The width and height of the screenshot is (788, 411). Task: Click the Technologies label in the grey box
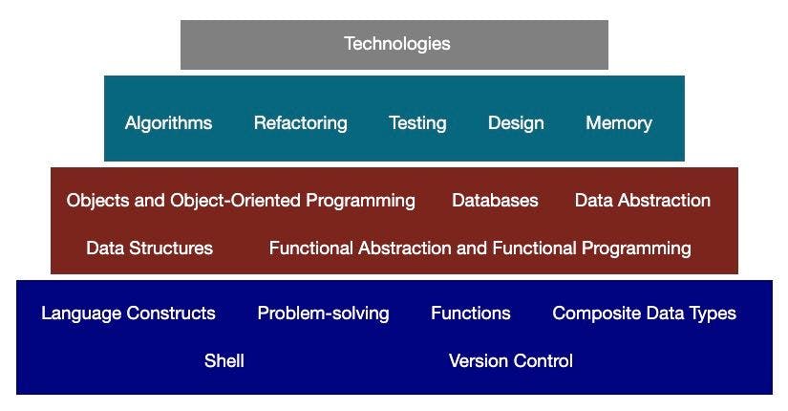[396, 44]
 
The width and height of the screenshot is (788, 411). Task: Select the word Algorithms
[168, 123]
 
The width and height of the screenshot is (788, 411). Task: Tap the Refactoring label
[300, 123]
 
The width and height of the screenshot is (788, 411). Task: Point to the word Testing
[417, 123]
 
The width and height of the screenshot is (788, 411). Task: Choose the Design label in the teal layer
[516, 123]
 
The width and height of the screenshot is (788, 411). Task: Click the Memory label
[619, 123]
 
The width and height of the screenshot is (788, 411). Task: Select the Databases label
[495, 201]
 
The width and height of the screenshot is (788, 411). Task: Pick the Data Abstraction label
[642, 201]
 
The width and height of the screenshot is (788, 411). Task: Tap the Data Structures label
[149, 249]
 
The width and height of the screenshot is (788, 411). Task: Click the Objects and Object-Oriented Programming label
[241, 201]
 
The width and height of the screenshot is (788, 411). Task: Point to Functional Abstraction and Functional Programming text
[479, 249]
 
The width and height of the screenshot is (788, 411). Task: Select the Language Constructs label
[128, 314]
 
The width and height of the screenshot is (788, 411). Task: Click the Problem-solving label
[323, 314]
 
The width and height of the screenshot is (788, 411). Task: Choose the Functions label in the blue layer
[470, 314]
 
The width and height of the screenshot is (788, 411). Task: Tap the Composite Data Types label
[644, 314]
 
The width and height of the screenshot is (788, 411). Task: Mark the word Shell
[224, 361]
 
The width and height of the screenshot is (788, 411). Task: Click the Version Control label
[510, 361]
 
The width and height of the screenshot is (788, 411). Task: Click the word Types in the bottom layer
[713, 314]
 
